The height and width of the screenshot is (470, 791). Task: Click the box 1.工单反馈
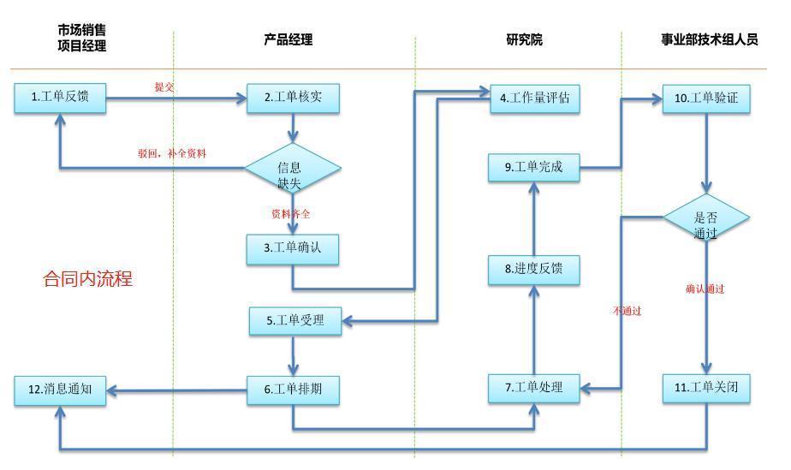(x=60, y=98)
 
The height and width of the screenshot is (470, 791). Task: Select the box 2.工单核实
(x=293, y=98)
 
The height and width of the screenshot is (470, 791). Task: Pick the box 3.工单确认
(x=293, y=248)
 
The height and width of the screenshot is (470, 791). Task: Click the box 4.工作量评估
(x=535, y=98)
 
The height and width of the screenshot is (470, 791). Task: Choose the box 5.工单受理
(x=295, y=321)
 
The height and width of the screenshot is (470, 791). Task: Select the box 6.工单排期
(x=293, y=390)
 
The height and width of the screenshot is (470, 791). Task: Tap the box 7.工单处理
(x=534, y=388)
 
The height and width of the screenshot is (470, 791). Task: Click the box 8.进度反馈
(x=534, y=269)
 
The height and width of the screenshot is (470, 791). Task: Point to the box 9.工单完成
(x=534, y=167)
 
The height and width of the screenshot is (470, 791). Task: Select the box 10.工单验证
(x=706, y=98)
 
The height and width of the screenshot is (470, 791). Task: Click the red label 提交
(x=164, y=86)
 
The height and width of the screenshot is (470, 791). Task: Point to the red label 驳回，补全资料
(x=172, y=154)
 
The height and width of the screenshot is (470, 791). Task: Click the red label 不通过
(x=627, y=311)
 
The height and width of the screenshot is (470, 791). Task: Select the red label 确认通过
(x=705, y=289)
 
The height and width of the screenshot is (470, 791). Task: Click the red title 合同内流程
(x=88, y=279)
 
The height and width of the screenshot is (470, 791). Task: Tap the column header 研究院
(x=524, y=40)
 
